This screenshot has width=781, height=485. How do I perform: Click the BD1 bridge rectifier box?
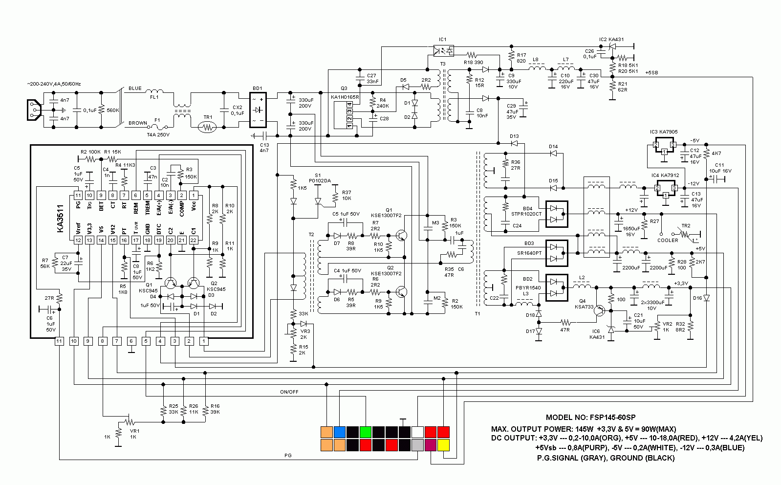(257, 110)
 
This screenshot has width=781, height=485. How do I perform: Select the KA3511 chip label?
(61, 219)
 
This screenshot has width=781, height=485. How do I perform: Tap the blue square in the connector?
(340, 432)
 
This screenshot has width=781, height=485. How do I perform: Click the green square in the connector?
(366, 432)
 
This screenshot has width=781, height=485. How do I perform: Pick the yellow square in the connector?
(443, 445)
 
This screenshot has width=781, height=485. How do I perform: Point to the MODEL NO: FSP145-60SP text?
(590, 418)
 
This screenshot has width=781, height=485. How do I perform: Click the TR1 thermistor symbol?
(208, 127)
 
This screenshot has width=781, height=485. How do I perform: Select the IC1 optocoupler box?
(443, 50)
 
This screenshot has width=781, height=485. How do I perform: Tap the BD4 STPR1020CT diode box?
(556, 214)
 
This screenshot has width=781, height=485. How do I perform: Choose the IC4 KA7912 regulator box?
(665, 187)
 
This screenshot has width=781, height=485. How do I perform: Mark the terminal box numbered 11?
(59, 341)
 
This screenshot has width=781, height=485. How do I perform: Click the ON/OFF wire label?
(289, 392)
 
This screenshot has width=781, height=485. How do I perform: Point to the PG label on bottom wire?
(288, 455)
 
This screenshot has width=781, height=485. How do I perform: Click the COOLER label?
(668, 240)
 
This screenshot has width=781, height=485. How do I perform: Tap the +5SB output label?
(651, 72)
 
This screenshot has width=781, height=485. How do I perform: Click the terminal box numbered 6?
(131, 341)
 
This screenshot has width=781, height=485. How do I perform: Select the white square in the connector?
(417, 432)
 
